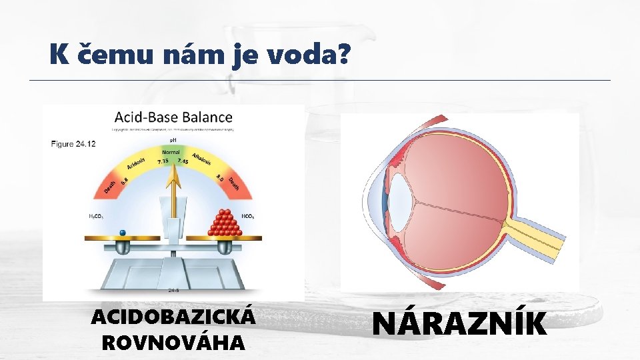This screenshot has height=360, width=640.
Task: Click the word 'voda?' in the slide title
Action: coord(308,55)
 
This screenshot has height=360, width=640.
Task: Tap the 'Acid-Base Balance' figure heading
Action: coord(173,117)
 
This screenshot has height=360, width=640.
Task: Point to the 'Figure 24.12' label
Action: coord(73,143)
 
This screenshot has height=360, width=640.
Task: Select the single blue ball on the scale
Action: coord(122,232)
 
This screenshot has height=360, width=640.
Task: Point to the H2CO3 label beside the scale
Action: coord(97,217)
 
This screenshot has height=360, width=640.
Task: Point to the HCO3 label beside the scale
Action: coord(247,217)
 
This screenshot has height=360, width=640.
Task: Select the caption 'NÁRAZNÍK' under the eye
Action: coord(460,325)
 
